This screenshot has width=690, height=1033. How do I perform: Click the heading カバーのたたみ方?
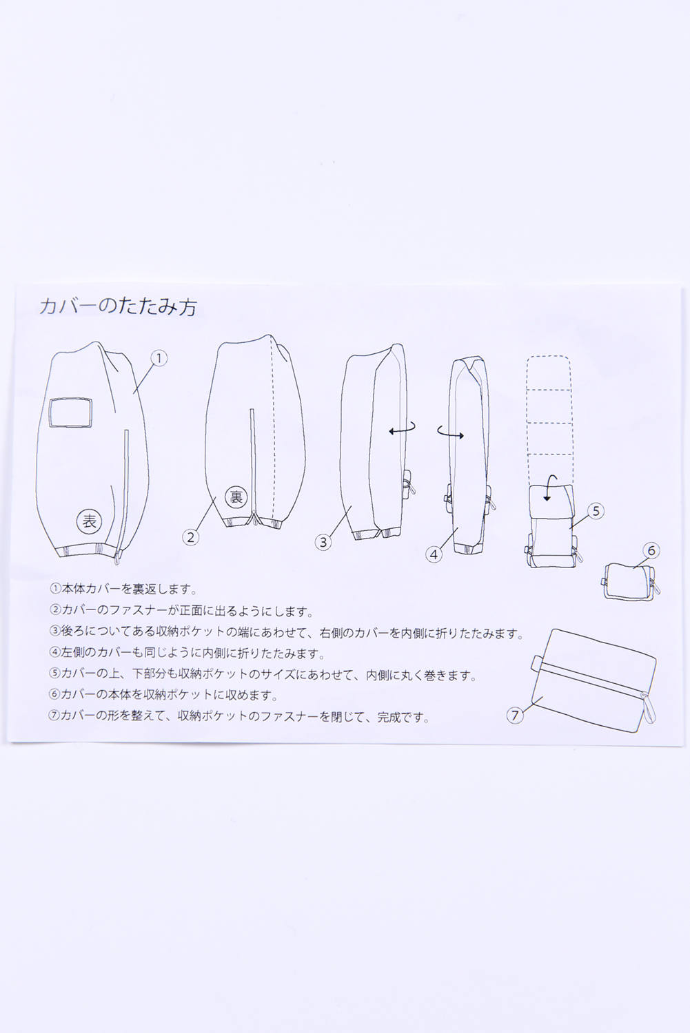(x=118, y=306)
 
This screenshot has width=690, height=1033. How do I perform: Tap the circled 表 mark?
(x=89, y=521)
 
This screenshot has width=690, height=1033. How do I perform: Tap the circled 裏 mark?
(x=236, y=497)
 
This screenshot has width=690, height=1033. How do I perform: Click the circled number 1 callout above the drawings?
(x=159, y=358)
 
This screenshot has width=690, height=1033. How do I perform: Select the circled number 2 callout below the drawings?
(x=191, y=536)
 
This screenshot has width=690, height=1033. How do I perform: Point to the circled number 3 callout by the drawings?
(x=323, y=542)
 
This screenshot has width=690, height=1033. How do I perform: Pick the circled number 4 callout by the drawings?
(x=434, y=554)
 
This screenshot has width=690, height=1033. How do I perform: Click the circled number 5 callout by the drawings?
(x=596, y=511)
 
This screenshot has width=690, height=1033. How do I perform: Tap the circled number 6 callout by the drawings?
(x=651, y=550)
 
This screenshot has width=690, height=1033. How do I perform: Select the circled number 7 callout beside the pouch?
(x=515, y=716)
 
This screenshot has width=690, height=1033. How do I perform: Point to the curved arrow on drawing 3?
(x=402, y=430)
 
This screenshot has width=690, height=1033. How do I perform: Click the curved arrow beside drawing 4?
(x=450, y=432)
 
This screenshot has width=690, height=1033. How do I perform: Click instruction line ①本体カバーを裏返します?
(x=124, y=589)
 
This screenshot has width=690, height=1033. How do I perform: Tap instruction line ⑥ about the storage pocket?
(x=163, y=694)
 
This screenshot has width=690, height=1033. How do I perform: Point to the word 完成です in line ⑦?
(x=404, y=717)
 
